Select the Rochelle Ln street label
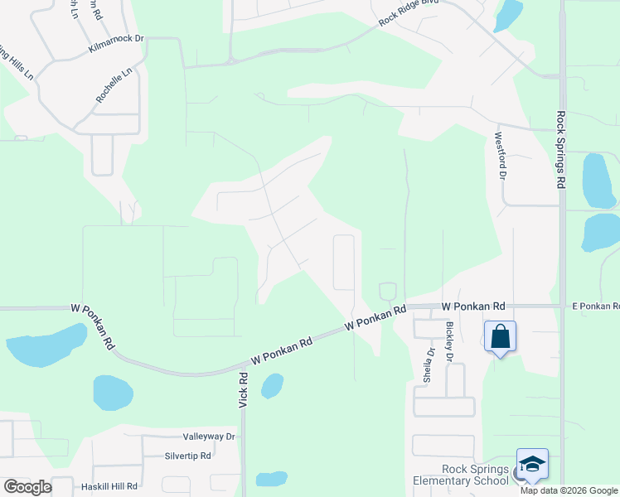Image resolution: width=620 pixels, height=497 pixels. (x=114, y=85)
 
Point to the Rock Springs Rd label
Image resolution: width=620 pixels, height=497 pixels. (x=561, y=151)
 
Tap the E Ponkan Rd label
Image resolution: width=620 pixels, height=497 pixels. (x=595, y=306)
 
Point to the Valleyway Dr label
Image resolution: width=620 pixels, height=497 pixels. (x=209, y=437)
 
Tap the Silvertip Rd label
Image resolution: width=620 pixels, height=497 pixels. (x=188, y=456)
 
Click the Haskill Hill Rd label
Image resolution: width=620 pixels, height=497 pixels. (x=109, y=486)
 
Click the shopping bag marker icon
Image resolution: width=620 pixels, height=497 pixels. (x=500, y=336)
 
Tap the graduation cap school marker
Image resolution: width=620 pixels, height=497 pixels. (x=532, y=464)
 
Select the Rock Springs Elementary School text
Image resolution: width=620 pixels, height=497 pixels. (x=463, y=475)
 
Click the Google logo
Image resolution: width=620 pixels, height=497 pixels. (x=27, y=487)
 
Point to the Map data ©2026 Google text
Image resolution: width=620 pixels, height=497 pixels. (x=569, y=490)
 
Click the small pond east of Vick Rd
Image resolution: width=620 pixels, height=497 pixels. (x=272, y=386)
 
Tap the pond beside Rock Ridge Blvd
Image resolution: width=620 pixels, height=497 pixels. (x=507, y=15)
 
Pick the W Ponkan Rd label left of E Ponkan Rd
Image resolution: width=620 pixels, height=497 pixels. (x=473, y=306)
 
